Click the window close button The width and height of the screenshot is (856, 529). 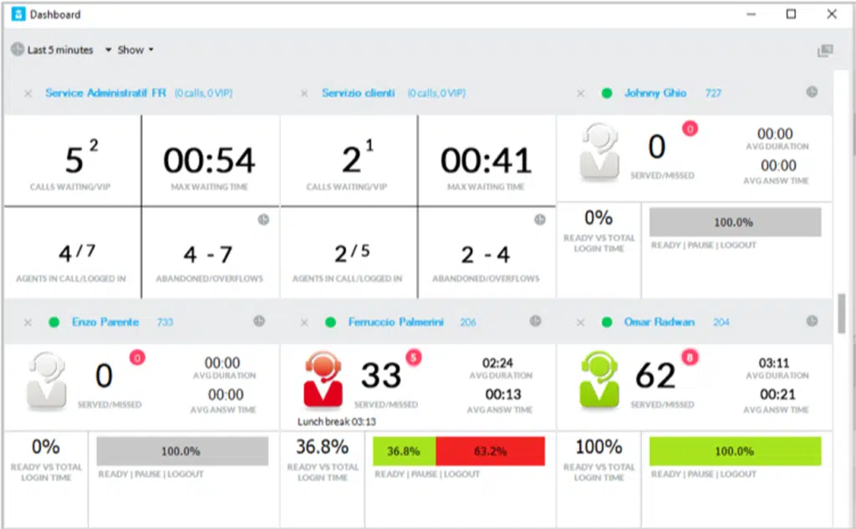coord(831,14)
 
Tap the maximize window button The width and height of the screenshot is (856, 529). coord(791,14)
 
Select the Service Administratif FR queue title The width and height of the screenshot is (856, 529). coord(105,93)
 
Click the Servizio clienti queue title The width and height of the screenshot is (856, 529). coord(358,93)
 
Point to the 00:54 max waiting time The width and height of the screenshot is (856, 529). coord(209,160)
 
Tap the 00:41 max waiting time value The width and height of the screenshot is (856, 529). coord(486,160)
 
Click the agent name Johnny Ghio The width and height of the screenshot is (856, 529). coord(655,93)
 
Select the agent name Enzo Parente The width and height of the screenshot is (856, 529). coord(105,322)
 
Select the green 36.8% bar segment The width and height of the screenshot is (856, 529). coord(404,451)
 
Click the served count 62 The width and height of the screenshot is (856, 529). coord(655,376)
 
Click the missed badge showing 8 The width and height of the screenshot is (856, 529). coord(689,358)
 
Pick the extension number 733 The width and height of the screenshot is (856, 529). coord(164,322)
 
